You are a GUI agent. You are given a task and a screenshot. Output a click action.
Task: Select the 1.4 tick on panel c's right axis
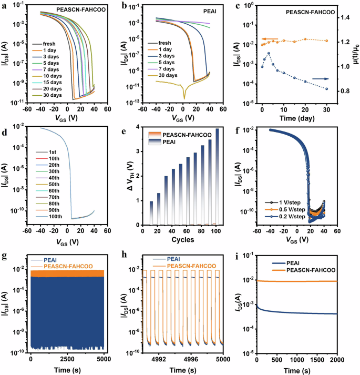point(345,17)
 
